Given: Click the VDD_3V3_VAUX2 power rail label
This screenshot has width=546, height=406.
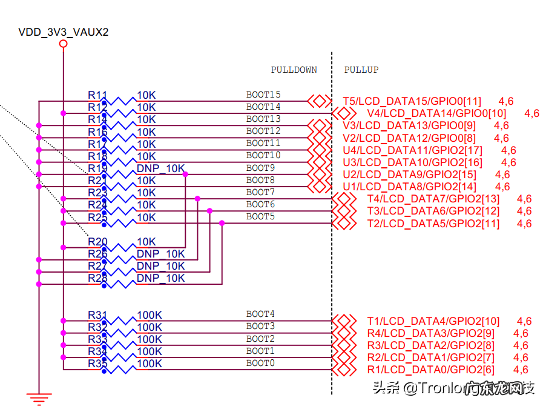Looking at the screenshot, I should [64, 32].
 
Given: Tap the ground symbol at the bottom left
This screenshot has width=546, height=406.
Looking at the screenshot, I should [39, 399].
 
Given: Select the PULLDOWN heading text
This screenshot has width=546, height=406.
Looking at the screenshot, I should [294, 70].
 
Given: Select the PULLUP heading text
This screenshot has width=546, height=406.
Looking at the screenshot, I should [361, 70].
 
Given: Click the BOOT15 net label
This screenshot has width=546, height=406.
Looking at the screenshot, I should [263, 95].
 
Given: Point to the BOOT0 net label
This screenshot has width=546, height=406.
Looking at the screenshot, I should [260, 363].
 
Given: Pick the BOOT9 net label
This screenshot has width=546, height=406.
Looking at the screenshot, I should [260, 168].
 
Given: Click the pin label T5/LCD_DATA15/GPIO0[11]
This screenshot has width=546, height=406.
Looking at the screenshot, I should [412, 101].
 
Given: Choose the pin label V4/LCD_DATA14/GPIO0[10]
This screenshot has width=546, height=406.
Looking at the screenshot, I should [436, 113].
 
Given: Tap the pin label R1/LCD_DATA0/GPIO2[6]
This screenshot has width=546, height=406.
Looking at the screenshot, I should [430, 370].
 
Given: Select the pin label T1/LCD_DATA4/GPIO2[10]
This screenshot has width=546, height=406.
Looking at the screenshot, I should [433, 321].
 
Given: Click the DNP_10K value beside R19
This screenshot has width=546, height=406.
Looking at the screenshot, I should [160, 168].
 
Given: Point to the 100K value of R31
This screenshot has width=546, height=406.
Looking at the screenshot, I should [150, 315].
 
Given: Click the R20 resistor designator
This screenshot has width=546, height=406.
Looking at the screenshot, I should [97, 242].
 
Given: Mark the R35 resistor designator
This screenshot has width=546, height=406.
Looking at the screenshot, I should [97, 364].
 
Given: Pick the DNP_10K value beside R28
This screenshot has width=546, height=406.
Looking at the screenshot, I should [160, 278].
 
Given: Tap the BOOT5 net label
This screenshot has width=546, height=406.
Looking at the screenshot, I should [260, 216].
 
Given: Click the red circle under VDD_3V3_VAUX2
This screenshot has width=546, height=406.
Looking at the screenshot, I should [63, 44].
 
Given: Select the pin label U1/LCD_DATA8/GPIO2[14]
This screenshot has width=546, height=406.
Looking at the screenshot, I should [409, 187].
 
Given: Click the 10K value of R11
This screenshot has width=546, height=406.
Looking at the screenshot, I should [146, 95].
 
